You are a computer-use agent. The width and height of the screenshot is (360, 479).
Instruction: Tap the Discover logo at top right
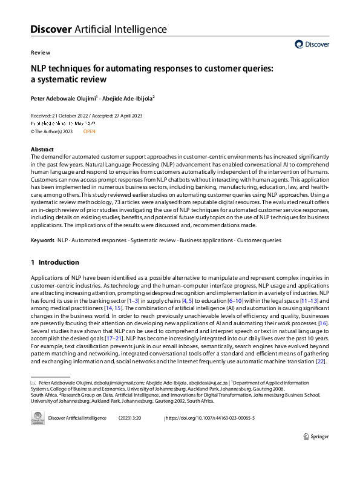pyautogui.click(x=312, y=44)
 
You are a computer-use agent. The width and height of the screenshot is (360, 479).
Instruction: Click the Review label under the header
pyautogui.click(x=40, y=53)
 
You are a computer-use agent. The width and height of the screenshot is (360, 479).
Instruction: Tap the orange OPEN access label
pyautogui.click(x=89, y=131)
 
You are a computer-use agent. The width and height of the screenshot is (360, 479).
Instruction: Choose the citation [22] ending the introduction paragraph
pyautogui.click(x=322, y=361)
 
